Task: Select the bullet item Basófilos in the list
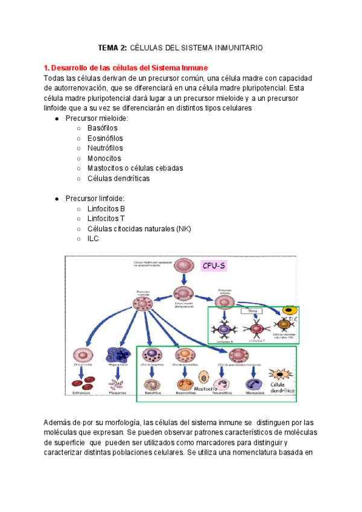(102, 128)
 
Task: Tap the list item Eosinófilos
(104, 138)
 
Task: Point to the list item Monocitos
(104, 158)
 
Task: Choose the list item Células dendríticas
(118, 178)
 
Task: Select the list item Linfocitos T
(106, 219)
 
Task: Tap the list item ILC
(93, 238)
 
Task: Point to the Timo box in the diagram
(249, 312)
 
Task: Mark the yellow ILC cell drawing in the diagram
(290, 310)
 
